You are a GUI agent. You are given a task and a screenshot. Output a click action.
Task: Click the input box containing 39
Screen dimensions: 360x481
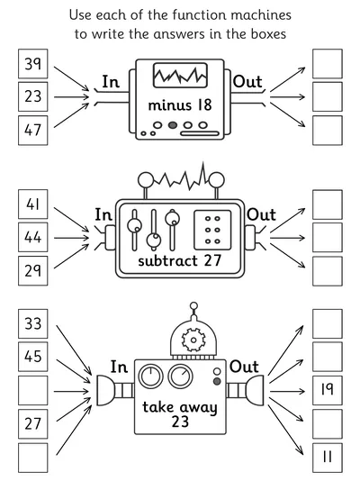pyautogui.click(x=33, y=64)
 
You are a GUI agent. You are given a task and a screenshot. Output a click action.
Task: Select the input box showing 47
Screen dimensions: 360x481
pyautogui.click(x=33, y=131)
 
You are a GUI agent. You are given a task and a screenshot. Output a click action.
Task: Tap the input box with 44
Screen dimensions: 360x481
pyautogui.click(x=33, y=238)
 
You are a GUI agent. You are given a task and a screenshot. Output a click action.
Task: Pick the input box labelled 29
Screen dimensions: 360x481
pyautogui.click(x=33, y=271)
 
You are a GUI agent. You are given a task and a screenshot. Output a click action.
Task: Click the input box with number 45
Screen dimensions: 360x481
pyautogui.click(x=33, y=357)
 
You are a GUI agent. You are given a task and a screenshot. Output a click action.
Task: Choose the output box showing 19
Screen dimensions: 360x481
pyautogui.click(x=328, y=390)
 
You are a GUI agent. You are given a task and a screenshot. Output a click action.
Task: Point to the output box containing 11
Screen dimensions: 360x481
pyautogui.click(x=328, y=458)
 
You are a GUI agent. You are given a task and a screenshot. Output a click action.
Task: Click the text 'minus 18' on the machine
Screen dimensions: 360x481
pyautogui.click(x=180, y=105)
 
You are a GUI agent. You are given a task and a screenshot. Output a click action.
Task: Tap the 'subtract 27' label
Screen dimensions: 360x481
pyautogui.click(x=179, y=261)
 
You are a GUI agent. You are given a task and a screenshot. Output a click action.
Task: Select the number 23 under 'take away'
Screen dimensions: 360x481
pyautogui.click(x=180, y=422)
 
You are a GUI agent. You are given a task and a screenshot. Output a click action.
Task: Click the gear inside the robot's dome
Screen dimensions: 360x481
pyautogui.click(x=193, y=340)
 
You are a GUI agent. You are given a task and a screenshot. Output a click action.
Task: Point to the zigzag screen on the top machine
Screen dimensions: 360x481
pyautogui.click(x=180, y=75)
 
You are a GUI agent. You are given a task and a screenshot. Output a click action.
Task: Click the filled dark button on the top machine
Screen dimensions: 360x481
pyautogui.click(x=173, y=125)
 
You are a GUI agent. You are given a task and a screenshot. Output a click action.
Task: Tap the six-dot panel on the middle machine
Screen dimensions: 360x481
pyautogui.click(x=212, y=230)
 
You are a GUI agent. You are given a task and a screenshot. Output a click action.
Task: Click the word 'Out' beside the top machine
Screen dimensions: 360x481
pyautogui.click(x=247, y=82)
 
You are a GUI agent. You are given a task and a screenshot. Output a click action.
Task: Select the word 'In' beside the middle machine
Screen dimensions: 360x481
pyautogui.click(x=103, y=214)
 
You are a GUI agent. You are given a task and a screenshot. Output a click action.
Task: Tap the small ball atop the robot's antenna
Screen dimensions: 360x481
pyautogui.click(x=193, y=306)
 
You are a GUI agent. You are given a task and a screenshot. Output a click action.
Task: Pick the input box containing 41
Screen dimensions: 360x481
pyautogui.click(x=33, y=204)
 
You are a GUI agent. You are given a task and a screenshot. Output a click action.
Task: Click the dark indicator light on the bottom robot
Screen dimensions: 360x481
pyautogui.click(x=217, y=381)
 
